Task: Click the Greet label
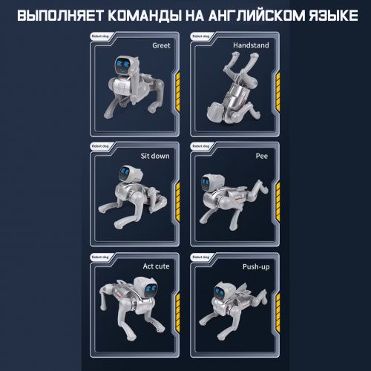point(160,45)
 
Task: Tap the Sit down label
point(154,157)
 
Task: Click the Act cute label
point(155,265)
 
